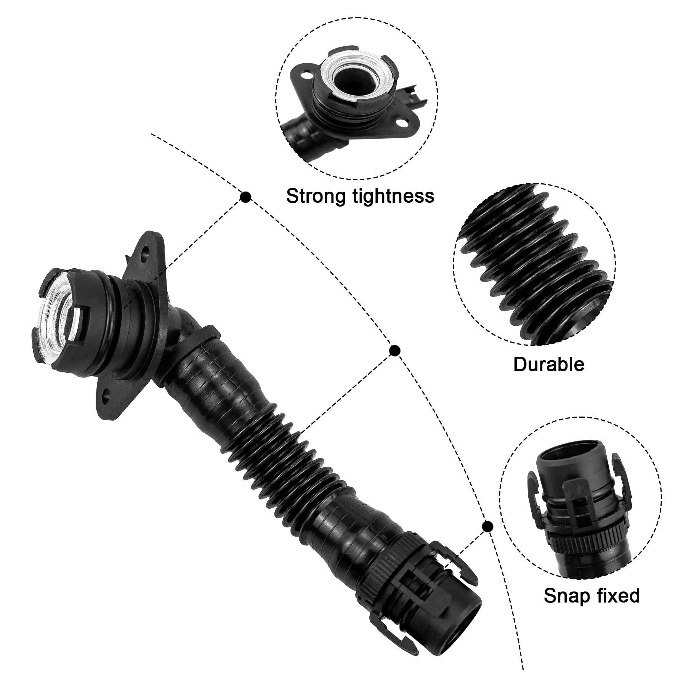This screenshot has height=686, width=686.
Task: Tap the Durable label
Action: (x=548, y=364)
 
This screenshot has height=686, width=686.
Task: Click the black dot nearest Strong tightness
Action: (x=246, y=197)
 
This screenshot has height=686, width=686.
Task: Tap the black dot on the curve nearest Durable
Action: (x=394, y=350)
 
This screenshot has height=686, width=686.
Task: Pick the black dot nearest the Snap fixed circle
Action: (x=487, y=527)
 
